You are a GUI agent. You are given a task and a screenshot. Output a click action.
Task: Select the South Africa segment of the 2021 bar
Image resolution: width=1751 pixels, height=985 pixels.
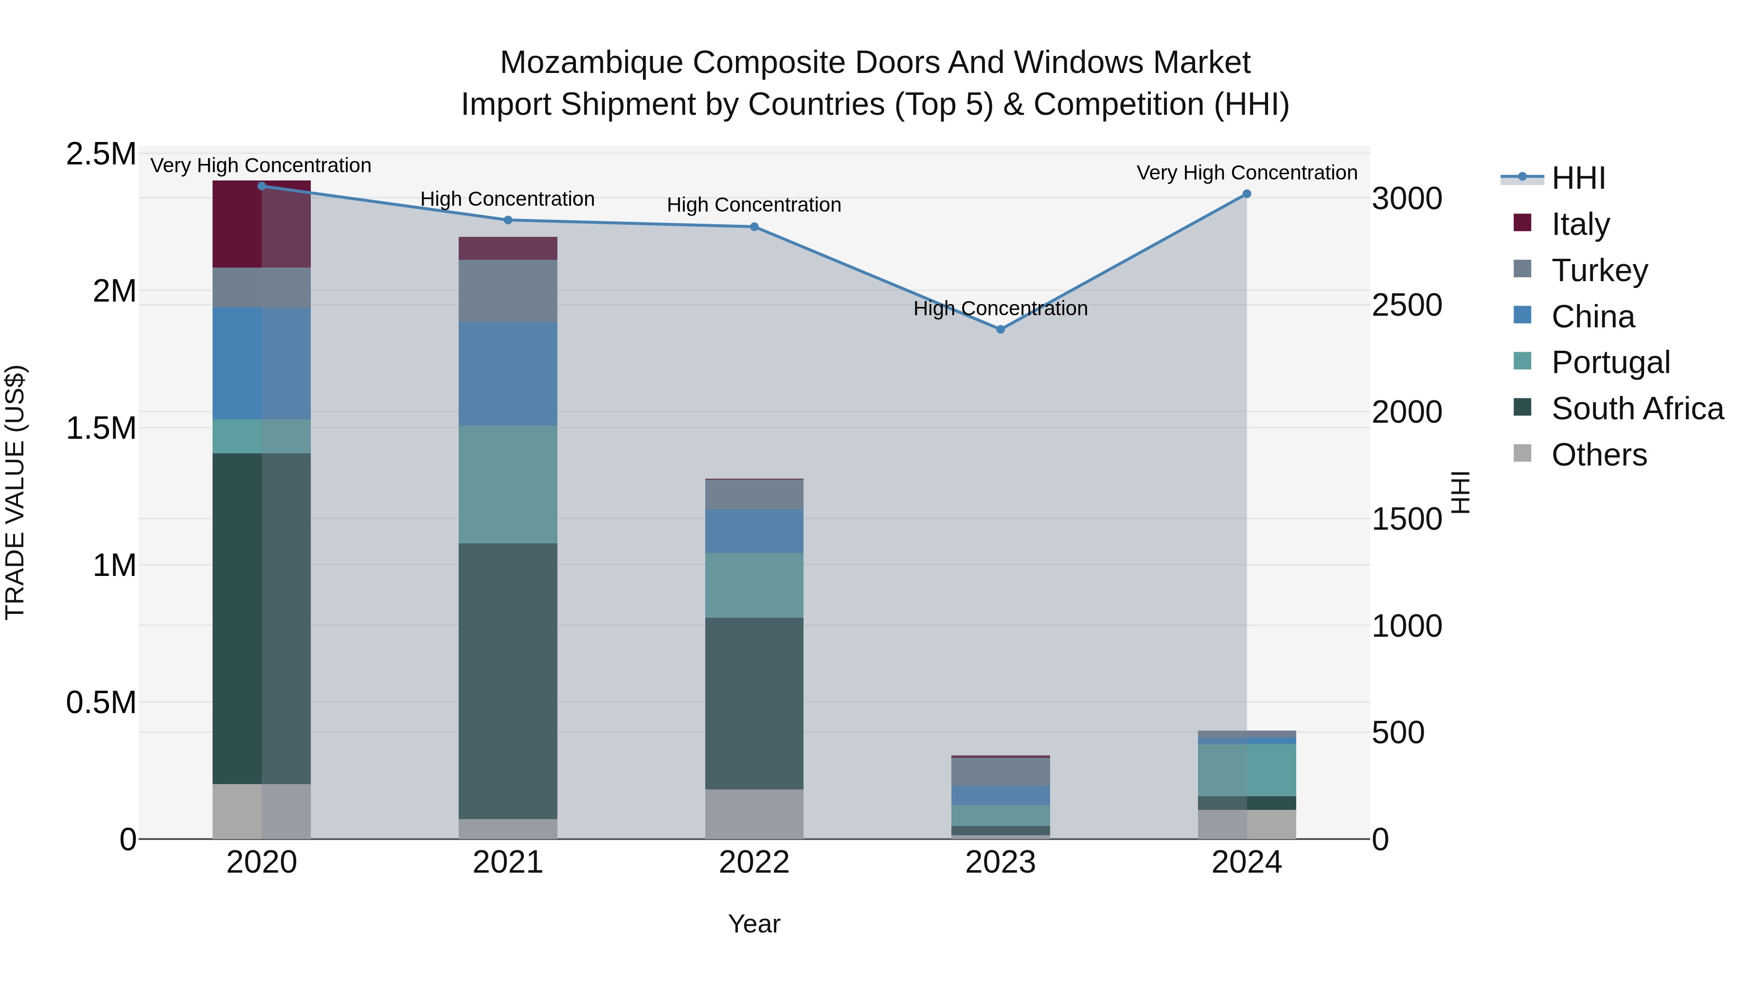tap(508, 680)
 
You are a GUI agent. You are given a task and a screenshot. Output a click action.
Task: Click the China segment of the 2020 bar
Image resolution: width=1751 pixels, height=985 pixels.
tap(262, 363)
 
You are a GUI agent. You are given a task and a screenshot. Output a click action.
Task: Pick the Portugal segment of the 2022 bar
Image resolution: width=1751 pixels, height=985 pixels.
tap(754, 585)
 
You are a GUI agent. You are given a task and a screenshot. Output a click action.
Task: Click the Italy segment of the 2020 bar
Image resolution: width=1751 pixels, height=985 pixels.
tap(262, 224)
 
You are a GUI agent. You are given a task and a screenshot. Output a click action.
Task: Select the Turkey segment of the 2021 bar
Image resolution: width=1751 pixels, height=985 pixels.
tap(508, 291)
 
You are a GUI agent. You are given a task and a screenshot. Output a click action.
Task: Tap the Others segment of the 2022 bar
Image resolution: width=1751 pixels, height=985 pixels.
tap(754, 814)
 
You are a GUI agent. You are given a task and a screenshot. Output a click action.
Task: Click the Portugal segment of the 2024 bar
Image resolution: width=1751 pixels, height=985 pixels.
tap(1247, 770)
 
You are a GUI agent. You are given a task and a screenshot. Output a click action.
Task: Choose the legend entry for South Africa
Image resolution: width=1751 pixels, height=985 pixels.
tap(1637, 409)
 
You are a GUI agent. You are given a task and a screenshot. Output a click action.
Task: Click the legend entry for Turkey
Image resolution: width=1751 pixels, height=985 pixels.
tap(1599, 270)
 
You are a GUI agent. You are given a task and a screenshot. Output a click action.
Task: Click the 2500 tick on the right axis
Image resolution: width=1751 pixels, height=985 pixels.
tap(1406, 305)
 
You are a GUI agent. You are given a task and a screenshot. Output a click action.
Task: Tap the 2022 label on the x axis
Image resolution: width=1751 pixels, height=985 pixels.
tap(754, 862)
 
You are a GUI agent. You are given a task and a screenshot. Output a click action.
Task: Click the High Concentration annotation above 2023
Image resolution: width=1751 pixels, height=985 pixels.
tap(1000, 308)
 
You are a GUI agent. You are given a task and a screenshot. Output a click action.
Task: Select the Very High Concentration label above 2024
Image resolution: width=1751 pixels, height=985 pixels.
tap(1247, 173)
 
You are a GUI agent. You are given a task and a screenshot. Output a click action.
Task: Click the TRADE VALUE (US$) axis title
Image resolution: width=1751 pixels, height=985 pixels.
tap(15, 492)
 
